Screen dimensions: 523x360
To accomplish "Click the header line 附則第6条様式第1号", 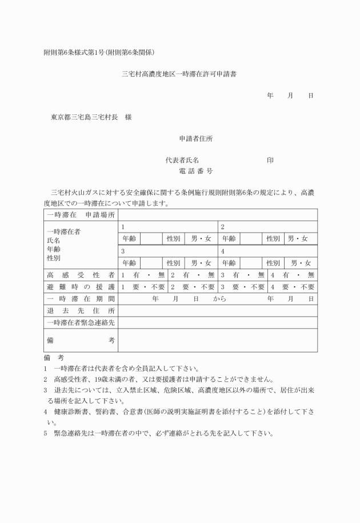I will [99, 53].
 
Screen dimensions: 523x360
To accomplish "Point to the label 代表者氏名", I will [182, 160].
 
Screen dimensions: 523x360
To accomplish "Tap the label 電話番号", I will [196, 171].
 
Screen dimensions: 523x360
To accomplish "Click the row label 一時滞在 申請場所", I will [81, 215].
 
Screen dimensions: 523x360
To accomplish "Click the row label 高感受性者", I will [81, 275].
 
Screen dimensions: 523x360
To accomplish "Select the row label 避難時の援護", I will [81, 287].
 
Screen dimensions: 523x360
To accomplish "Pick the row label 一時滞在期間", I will [81, 298].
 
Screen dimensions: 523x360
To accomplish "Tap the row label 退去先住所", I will [81, 310].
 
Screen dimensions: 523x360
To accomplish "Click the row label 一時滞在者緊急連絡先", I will [81, 322].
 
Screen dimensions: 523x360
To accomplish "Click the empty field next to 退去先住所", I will [218, 310].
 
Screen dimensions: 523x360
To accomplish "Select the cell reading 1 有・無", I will [143, 275].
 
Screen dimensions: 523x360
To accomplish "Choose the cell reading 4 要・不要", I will [293, 287].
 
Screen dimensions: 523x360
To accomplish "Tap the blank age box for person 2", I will [251, 238].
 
